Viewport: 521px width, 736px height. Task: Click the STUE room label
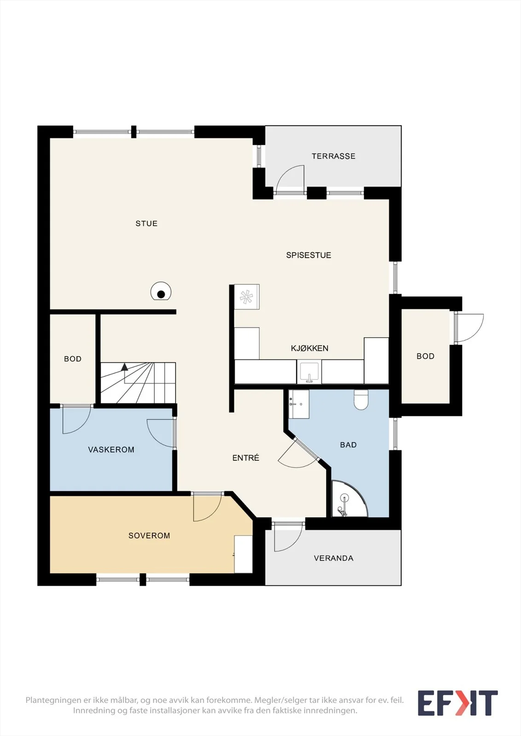(x=146, y=224)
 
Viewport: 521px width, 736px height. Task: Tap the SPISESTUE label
(x=308, y=255)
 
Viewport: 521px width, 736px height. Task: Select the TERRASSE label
(x=334, y=156)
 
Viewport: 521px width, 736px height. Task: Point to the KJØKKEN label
(x=310, y=348)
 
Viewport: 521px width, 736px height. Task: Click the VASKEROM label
(x=111, y=449)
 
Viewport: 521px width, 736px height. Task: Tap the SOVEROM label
(x=149, y=535)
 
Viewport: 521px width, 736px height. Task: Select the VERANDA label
(x=334, y=558)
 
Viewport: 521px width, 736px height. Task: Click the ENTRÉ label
(x=246, y=458)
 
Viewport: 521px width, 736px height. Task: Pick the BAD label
(x=348, y=445)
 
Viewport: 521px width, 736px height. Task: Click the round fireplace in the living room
(x=161, y=291)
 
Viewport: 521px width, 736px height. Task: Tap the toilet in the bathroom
(x=361, y=400)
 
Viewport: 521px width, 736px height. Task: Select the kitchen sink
(x=309, y=372)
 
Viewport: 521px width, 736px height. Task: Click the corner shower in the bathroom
(x=349, y=499)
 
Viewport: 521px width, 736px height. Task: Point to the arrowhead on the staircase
(x=124, y=367)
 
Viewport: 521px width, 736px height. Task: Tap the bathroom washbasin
(x=299, y=404)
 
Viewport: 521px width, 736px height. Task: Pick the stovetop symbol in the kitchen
(x=246, y=297)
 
